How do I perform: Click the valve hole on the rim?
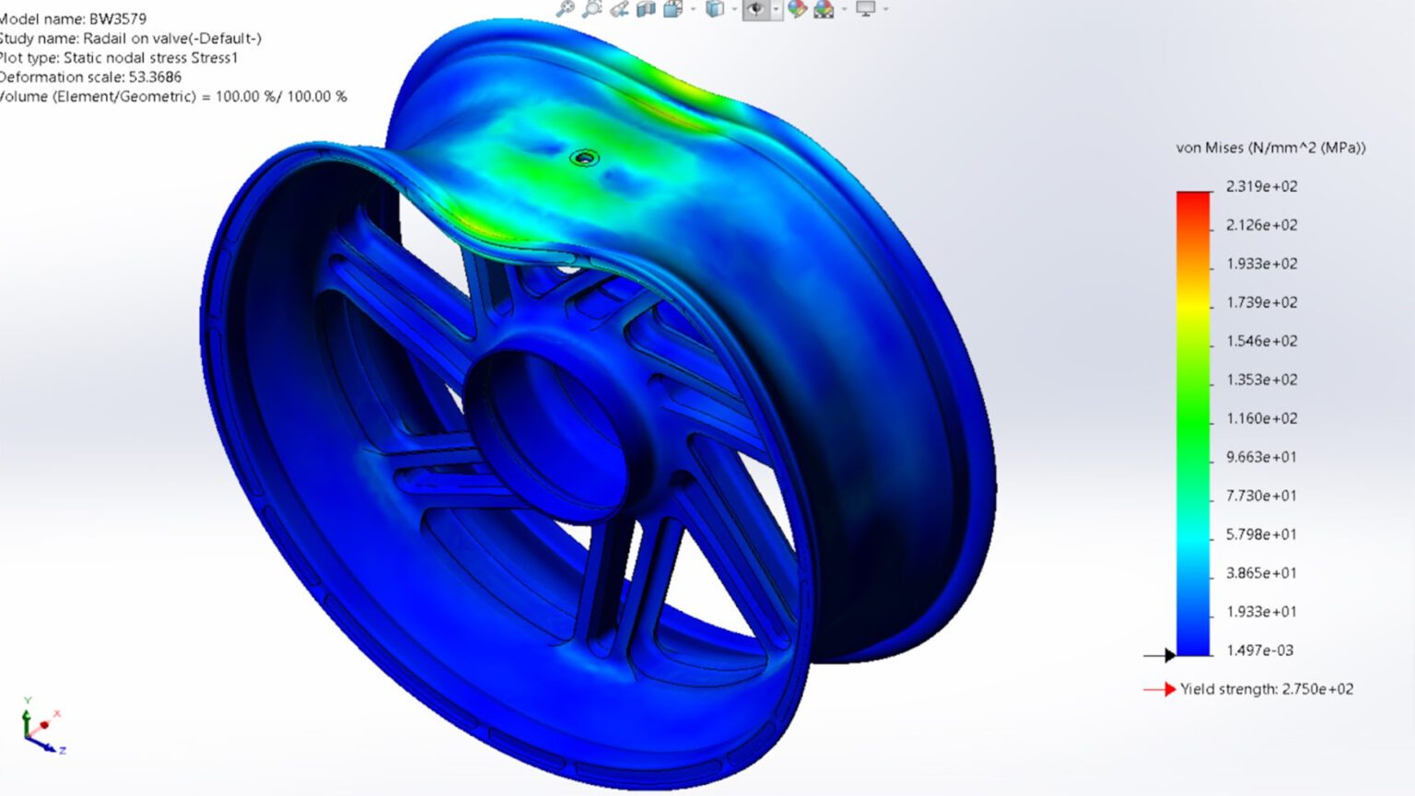[584, 158]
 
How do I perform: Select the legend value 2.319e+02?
[1261, 186]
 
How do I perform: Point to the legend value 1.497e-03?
[1259, 650]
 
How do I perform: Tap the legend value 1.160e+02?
[1261, 418]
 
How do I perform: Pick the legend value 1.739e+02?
[1261, 302]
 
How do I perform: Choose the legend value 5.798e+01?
[1261, 534]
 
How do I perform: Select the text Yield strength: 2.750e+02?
[1267, 689]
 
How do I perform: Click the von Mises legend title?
[1270, 147]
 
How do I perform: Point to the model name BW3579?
[117, 18]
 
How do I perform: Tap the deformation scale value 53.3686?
[155, 76]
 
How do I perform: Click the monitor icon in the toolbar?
[865, 8]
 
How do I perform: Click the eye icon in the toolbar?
[755, 9]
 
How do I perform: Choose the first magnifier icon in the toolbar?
[565, 8]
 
